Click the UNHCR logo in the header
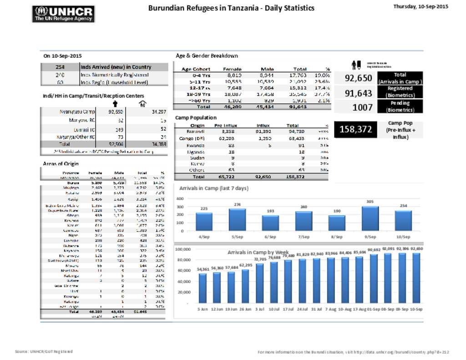pos(64,14)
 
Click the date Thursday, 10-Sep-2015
pos(420,7)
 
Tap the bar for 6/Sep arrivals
pos(270,223)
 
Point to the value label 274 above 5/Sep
pos(237,205)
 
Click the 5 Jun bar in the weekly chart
pos(203,288)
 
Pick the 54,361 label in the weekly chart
pos(203,269)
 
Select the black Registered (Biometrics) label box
pos(400,92)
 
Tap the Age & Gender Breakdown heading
pos(207,56)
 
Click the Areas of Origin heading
pos(61,163)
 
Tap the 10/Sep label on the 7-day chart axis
pos(403,237)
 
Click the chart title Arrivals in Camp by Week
pos(258,252)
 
